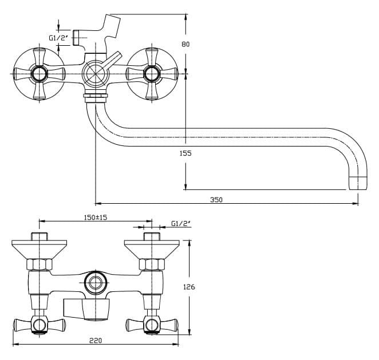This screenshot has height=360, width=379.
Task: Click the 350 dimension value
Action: (216, 200)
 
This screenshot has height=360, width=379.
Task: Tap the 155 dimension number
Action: (185, 153)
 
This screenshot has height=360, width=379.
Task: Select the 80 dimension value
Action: (185, 44)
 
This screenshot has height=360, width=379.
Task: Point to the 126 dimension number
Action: (188, 287)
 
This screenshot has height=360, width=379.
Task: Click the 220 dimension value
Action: (96, 340)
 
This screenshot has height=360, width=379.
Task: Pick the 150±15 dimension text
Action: (96, 217)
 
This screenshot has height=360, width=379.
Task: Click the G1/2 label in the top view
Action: (58, 38)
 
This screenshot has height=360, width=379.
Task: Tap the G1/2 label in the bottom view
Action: (180, 224)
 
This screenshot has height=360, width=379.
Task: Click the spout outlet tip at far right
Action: (358, 184)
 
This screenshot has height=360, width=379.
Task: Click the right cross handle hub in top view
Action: (152, 73)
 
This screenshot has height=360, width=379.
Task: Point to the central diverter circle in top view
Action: (94, 73)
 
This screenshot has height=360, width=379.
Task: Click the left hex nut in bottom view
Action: (40, 265)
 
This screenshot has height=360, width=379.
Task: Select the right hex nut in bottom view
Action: (152, 265)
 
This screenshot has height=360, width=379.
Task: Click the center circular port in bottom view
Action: (95, 283)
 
